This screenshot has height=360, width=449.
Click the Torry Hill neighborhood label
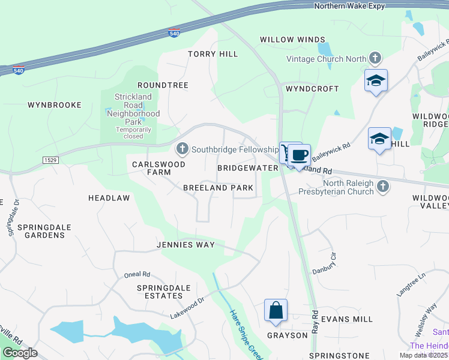212,54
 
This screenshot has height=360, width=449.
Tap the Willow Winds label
292,40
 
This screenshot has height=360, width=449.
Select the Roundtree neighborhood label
163,86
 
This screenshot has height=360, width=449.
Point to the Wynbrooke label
54,105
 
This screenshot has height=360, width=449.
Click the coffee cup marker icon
299,155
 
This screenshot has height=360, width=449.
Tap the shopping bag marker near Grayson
276,310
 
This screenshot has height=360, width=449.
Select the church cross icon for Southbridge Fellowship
182,148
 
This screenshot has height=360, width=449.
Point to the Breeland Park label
218,188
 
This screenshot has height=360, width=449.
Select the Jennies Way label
185,245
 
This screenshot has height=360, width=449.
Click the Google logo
20,353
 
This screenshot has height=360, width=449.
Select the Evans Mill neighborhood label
346,319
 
